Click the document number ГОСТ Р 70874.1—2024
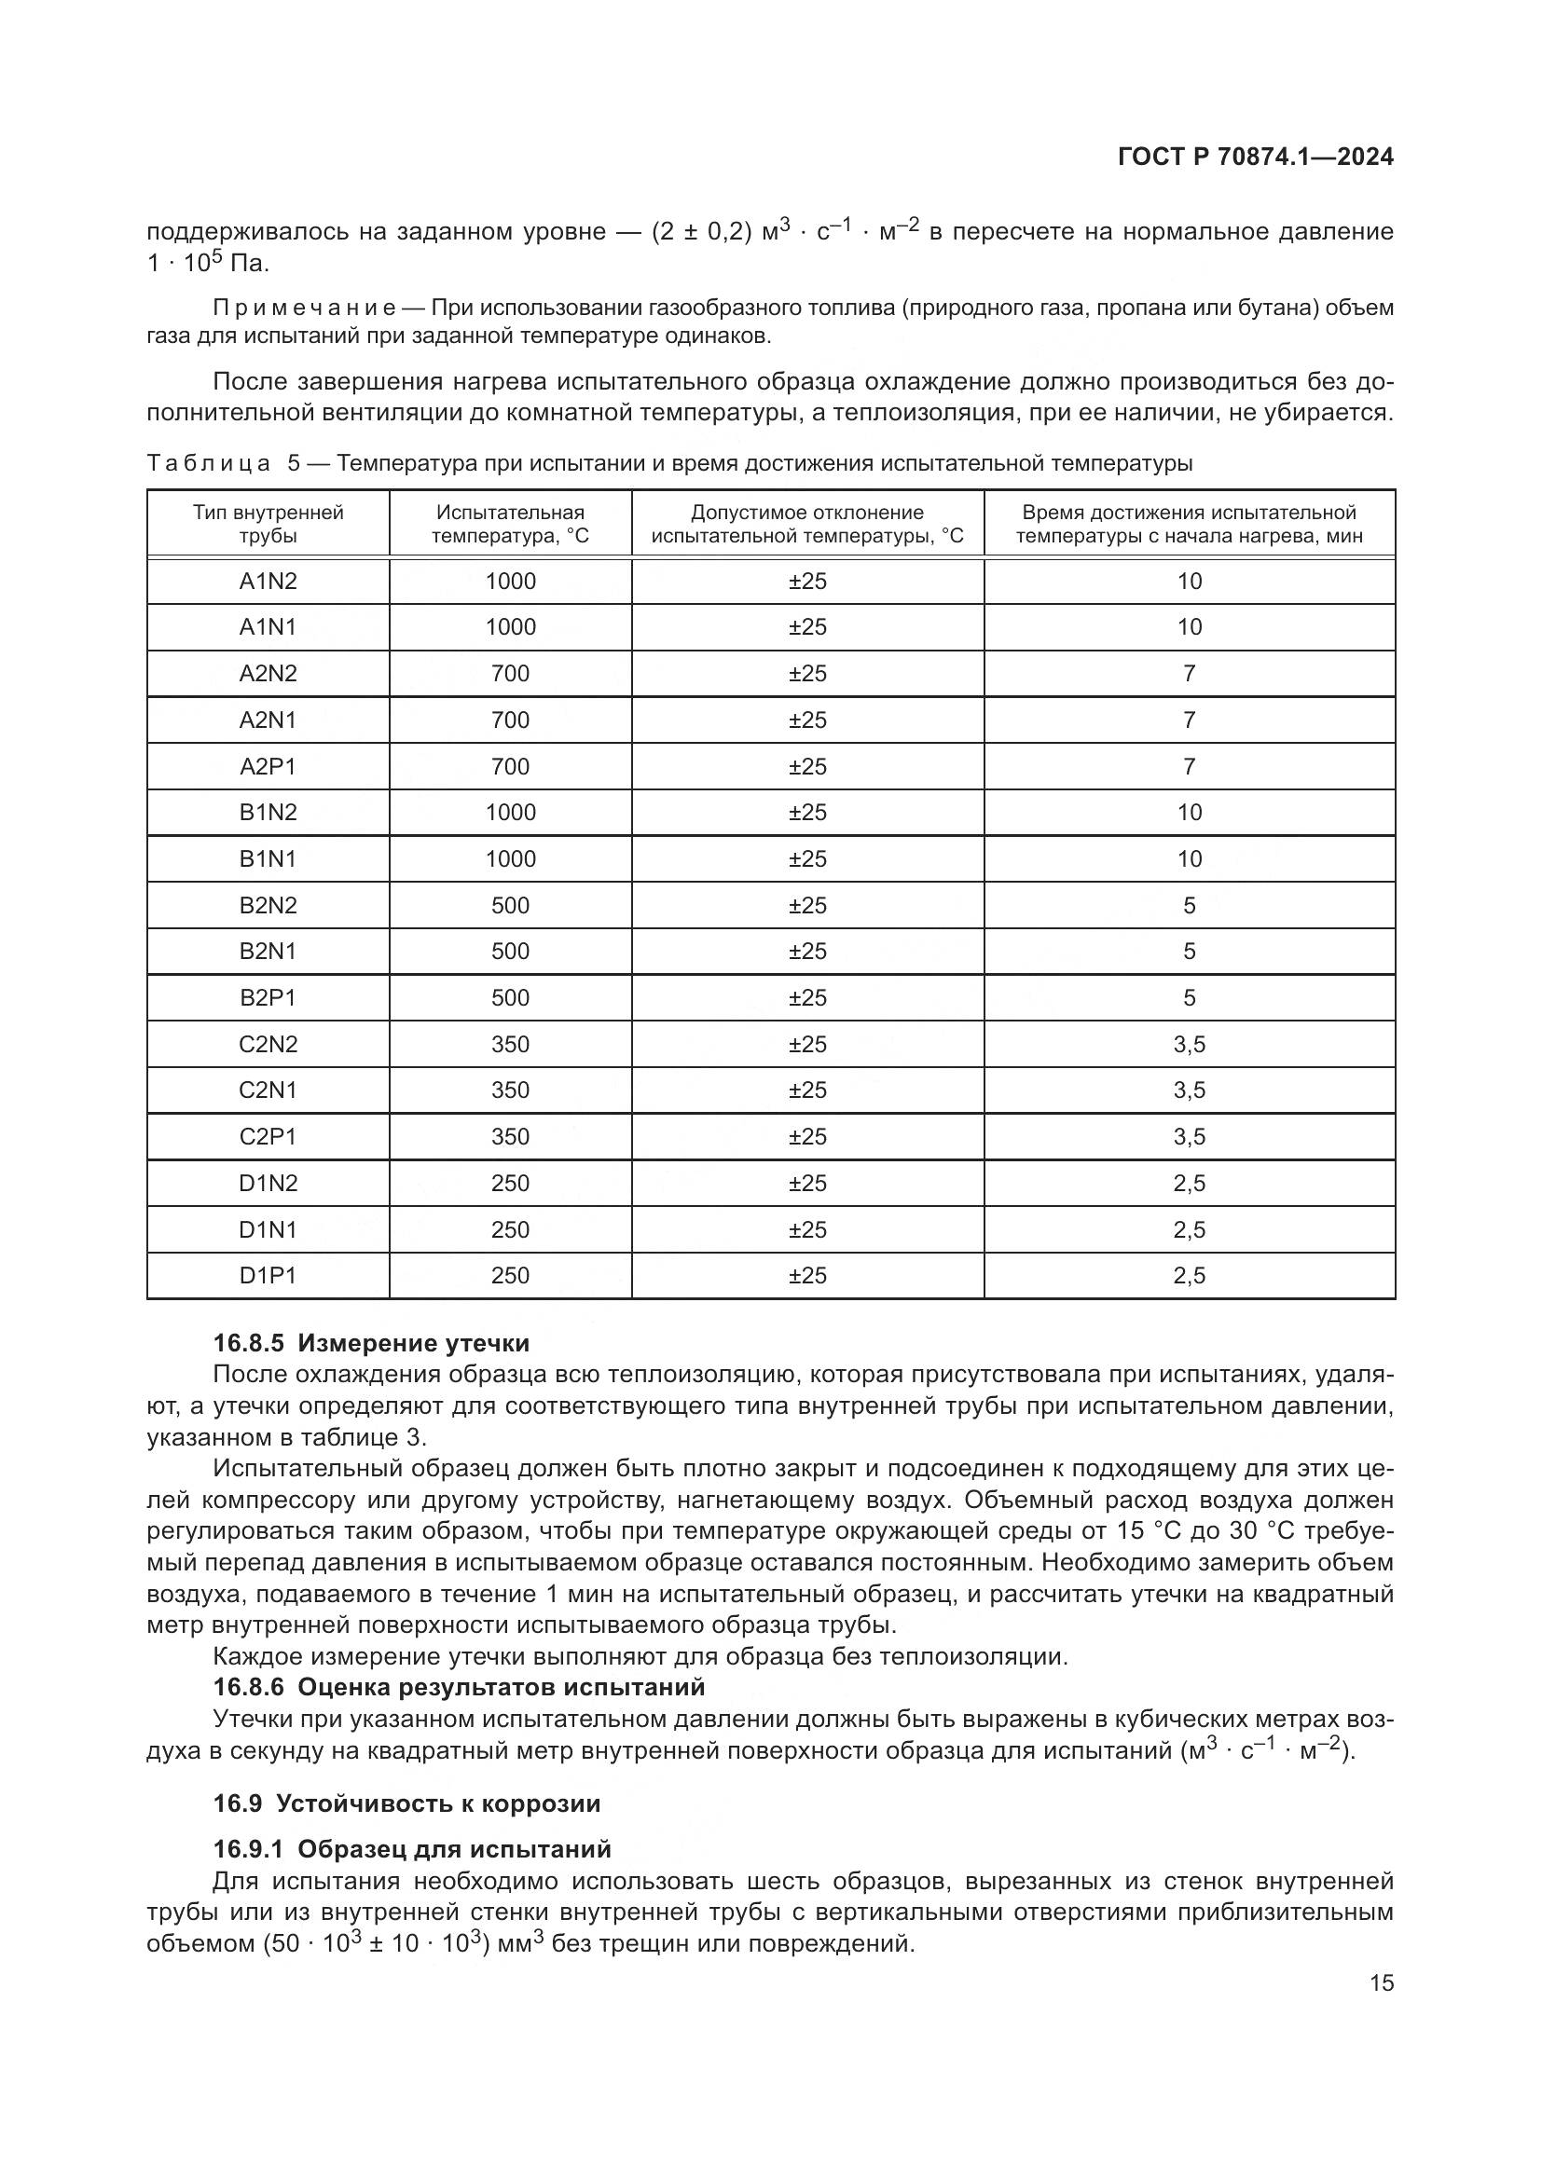click(1255, 158)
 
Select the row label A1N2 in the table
click(268, 581)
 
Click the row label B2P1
click(268, 998)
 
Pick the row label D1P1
click(268, 1275)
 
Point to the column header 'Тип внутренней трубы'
click(268, 524)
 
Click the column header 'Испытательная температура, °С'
click(510, 524)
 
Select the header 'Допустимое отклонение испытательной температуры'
click(807, 524)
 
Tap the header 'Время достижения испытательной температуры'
click(1189, 524)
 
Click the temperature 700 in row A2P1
click(510, 766)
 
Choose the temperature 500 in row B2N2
click(510, 905)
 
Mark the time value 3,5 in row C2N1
click(1189, 1090)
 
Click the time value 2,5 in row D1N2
click(1189, 1183)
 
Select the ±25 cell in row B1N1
click(807, 858)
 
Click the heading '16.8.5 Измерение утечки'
click(371, 1344)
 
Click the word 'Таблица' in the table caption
click(209, 463)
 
